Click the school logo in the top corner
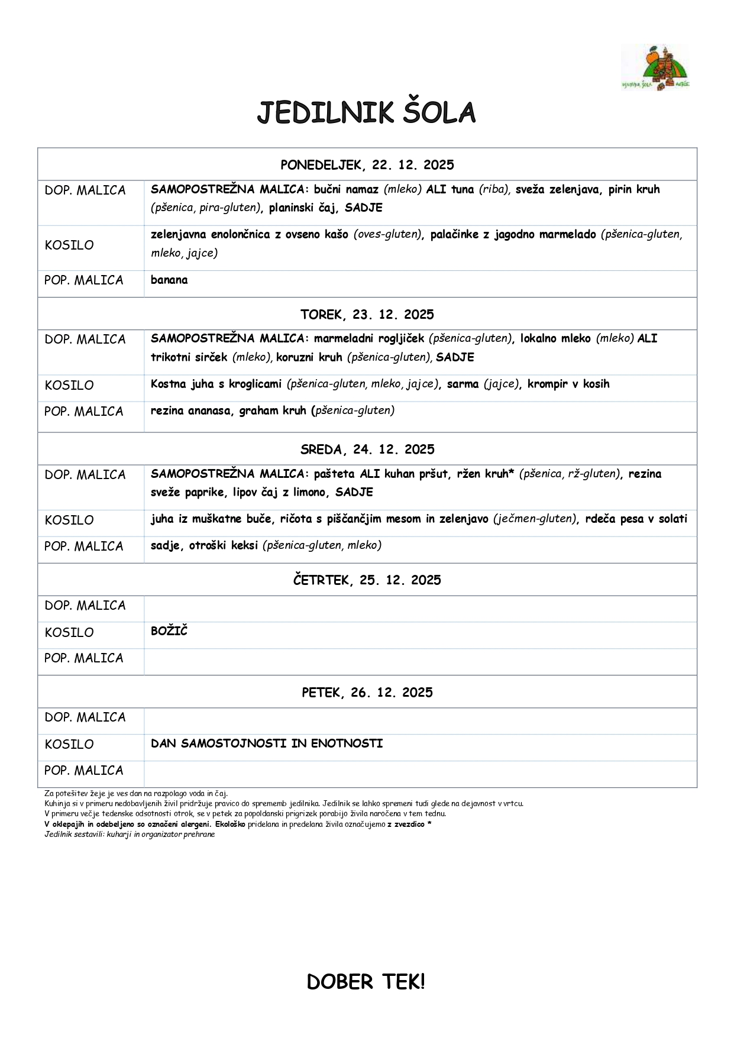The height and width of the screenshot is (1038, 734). pos(655,67)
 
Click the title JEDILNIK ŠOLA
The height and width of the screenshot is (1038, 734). pos(366,113)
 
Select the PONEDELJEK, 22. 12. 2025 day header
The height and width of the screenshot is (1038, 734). pos(367,165)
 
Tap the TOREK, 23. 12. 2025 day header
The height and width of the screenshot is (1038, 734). pos(367,315)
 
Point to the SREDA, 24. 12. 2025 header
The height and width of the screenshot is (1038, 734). pos(367,450)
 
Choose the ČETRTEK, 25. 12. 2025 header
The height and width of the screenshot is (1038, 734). pos(367,580)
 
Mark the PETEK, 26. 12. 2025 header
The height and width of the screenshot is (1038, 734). pos(367,693)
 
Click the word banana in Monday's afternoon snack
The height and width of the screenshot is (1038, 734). pos(169,280)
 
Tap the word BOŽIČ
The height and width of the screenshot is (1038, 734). pos(169,631)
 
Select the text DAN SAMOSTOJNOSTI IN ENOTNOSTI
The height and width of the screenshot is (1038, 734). pos(267,743)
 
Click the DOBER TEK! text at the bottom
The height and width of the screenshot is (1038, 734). pos(366,982)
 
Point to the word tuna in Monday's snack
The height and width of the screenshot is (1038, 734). pos(463,190)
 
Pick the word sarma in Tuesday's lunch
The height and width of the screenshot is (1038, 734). pos(463,384)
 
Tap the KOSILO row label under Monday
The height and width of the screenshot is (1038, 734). pos(69,245)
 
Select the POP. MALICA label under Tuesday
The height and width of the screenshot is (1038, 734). pos(84,412)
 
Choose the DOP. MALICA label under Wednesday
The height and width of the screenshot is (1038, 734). pos(85,475)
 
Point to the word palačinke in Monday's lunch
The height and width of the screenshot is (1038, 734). pos(454,235)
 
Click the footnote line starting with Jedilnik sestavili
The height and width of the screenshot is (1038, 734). pos(130,835)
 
